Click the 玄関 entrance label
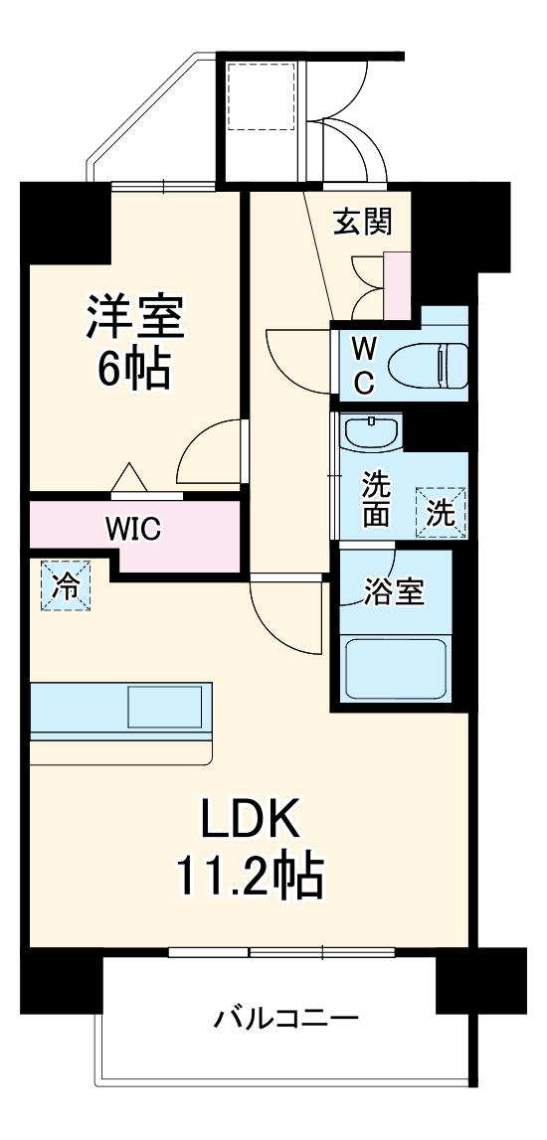362,223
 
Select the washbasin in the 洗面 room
371,432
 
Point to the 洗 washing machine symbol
440,513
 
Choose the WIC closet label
134,528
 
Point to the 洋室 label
133,318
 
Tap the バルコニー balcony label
286,1020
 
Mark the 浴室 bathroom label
393,592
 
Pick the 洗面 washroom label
375,501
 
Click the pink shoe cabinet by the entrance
398,286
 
